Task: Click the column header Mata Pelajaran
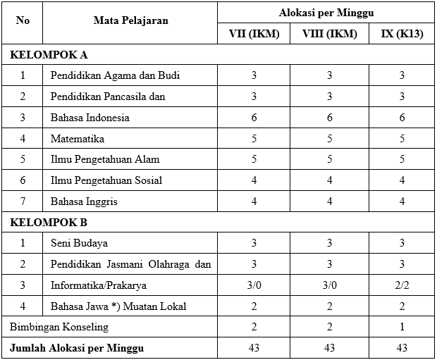(130, 21)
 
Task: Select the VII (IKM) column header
(253, 34)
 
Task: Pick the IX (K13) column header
(402, 34)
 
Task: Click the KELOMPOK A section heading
(48, 54)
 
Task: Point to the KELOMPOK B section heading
(48, 223)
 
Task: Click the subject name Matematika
(78, 138)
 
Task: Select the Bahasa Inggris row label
(84, 201)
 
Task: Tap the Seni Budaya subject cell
(79, 244)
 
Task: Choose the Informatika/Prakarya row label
(99, 285)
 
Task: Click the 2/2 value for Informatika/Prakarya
(402, 285)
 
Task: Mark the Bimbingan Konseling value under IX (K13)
(402, 328)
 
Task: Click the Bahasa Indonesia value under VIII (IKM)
(329, 118)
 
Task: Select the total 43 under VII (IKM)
(253, 349)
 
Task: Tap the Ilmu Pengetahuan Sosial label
(106, 180)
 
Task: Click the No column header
(23, 21)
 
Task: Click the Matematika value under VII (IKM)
(253, 138)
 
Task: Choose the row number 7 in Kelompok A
(23, 201)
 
